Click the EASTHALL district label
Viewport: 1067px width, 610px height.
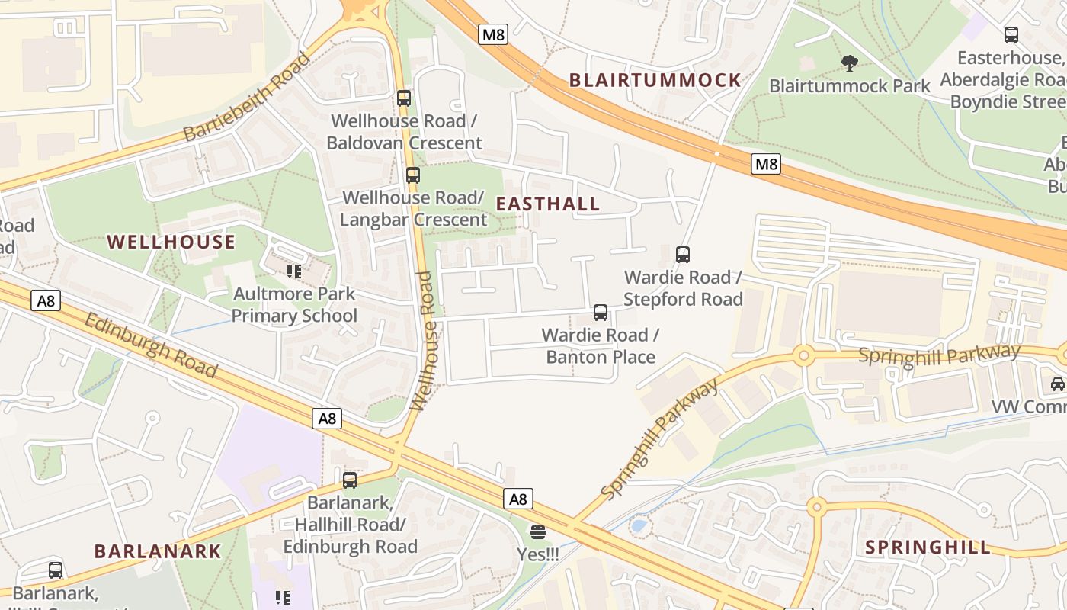click(548, 204)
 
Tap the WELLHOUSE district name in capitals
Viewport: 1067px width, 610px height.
click(171, 242)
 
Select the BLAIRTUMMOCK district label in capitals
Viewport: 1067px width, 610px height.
click(655, 80)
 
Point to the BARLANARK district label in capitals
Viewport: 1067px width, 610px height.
click(158, 551)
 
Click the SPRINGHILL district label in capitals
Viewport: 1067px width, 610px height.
click(928, 547)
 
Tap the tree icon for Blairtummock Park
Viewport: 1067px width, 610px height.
click(849, 63)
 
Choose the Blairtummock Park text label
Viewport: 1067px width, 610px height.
click(850, 85)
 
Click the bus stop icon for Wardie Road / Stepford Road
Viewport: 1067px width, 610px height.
click(683, 255)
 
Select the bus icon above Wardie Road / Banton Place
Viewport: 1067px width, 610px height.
click(601, 313)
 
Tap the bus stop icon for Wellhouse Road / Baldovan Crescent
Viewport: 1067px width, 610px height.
click(404, 98)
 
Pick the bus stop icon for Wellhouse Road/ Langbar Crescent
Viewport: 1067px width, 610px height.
click(413, 175)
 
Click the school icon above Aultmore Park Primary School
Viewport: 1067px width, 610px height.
click(294, 271)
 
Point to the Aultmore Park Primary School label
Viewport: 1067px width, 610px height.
click(294, 305)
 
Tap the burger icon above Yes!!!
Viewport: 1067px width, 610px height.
click(538, 532)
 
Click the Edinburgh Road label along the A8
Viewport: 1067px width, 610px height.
click(151, 345)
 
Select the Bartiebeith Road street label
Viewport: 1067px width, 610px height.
click(248, 97)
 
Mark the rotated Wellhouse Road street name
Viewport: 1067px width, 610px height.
click(425, 341)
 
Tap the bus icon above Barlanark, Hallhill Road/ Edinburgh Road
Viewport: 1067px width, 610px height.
click(350, 480)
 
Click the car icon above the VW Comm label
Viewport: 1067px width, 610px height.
click(1058, 384)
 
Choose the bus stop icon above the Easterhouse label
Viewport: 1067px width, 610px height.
click(1011, 35)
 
